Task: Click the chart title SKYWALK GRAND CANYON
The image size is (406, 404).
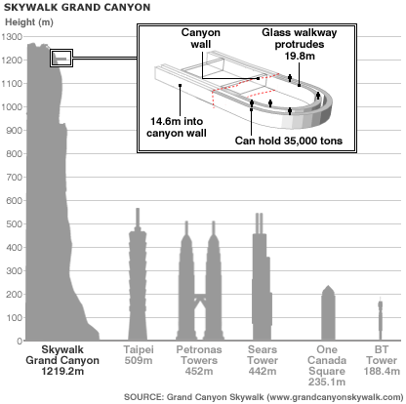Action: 77,7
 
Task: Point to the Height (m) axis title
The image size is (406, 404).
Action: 29,22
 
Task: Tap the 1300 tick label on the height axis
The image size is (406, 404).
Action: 12,37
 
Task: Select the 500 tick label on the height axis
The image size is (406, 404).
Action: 15,224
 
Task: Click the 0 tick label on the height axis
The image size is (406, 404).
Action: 20,342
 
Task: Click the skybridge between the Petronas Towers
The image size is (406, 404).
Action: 200,297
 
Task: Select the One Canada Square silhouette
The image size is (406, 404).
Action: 328,314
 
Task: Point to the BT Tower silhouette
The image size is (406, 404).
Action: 380,320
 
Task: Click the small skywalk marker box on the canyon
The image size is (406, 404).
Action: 61,59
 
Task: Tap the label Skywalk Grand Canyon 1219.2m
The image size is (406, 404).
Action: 62,360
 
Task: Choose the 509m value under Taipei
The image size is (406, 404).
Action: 139,361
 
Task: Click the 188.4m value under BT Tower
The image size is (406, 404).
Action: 382,371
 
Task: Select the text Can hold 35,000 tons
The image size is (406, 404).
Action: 289,141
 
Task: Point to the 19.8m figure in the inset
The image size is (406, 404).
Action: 300,56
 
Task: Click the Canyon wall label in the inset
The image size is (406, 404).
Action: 201,38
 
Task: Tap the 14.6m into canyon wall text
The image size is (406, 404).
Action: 177,127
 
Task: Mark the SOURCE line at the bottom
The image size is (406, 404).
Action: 264,397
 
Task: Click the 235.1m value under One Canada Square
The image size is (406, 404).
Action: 327,382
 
